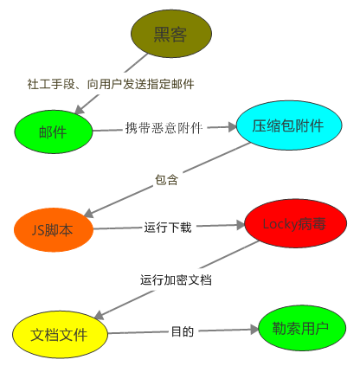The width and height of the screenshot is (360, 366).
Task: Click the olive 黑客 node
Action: coord(171,34)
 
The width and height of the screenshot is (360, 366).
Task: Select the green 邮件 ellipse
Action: coord(54,132)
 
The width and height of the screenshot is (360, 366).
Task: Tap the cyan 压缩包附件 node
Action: coord(289,125)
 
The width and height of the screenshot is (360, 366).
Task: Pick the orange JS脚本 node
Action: coord(54,230)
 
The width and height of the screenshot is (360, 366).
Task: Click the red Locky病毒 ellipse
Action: coord(296,223)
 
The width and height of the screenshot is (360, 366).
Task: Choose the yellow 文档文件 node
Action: coord(60,335)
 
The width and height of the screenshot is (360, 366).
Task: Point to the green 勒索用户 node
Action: coord(302,328)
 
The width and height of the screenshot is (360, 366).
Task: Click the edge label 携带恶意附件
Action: coord(164,128)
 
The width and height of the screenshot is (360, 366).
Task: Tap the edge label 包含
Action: coord(167,179)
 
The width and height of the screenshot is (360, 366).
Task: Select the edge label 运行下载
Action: coord(168,228)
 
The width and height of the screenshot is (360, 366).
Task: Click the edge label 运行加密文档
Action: coord(176,279)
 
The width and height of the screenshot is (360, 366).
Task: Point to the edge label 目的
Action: coord(183,331)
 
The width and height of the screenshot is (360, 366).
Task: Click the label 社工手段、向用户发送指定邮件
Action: coord(111,84)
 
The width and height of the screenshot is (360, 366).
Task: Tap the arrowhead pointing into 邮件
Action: coord(79,110)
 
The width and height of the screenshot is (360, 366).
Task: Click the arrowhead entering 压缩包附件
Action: coord(232,126)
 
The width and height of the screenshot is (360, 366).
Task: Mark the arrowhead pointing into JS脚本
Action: coord(88,213)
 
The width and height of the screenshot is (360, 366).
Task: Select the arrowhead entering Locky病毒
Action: coord(241,225)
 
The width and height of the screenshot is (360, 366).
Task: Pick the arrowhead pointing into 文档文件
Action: coord(99,315)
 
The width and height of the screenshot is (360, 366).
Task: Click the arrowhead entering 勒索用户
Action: coord(254,330)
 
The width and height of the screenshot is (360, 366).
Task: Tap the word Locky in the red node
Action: coord(280,224)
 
